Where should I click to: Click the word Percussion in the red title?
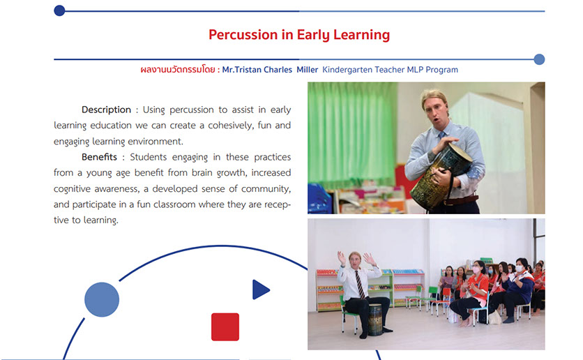(x=243, y=35)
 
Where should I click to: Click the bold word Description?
(x=106, y=110)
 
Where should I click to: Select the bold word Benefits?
(x=99, y=157)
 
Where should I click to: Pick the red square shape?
(x=225, y=327)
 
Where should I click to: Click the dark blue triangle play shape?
(x=261, y=290)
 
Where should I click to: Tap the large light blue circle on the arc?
(x=102, y=299)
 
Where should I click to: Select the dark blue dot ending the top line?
(x=59, y=10)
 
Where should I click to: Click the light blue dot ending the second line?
(x=539, y=59)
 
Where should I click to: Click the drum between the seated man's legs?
(x=374, y=319)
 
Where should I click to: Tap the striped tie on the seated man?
(x=360, y=285)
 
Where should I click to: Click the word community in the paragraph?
(x=266, y=189)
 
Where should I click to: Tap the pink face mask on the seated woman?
(x=476, y=269)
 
